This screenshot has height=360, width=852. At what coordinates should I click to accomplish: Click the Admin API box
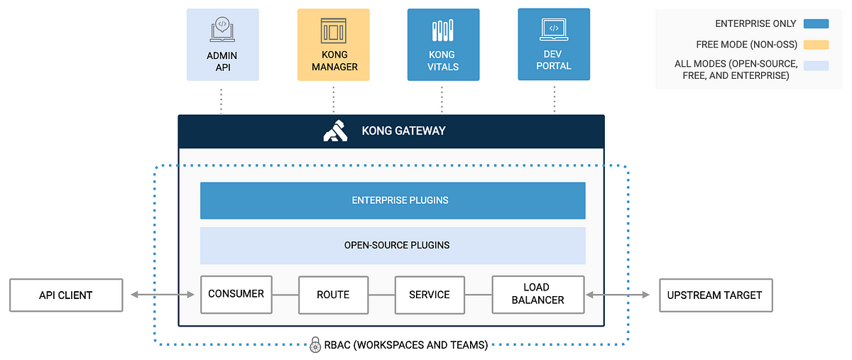tap(222, 44)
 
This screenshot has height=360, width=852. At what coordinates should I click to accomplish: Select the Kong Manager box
tap(333, 44)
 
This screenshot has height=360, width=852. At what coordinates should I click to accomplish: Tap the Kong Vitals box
tap(443, 44)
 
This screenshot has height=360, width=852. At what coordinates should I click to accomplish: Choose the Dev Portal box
tap(554, 44)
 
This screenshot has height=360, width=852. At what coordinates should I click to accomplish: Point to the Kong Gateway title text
tap(403, 131)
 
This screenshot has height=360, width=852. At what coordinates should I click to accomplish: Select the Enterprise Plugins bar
tap(393, 200)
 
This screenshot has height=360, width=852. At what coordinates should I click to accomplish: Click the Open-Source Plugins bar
tap(393, 245)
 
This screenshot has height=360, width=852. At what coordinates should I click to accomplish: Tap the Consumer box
tap(236, 294)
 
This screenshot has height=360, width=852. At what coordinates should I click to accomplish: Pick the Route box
tap(333, 295)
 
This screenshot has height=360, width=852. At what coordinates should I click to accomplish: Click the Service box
tap(429, 295)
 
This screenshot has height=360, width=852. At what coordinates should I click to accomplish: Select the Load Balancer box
tap(537, 294)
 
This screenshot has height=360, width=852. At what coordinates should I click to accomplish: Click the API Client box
tap(65, 295)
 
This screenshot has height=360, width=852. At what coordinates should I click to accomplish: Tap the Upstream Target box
tap(716, 295)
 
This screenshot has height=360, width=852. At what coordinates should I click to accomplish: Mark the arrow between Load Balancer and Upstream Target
tap(617, 294)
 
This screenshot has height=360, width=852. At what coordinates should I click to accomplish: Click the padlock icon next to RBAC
tap(315, 346)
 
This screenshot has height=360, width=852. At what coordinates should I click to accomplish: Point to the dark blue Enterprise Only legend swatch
tap(815, 24)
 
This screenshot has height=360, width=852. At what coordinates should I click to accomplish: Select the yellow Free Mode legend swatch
tap(815, 44)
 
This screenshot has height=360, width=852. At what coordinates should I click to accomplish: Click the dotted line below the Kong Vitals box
tap(442, 99)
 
